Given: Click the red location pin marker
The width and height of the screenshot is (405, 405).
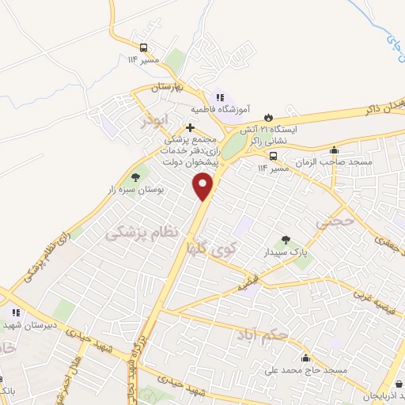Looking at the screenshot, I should click(x=203, y=187).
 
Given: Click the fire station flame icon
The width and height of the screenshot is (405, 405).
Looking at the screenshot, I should click(x=268, y=116).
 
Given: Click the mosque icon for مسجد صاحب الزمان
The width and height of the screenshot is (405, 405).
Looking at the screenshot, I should click(x=335, y=150).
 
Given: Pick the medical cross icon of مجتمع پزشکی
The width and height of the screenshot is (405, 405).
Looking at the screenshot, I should click(x=190, y=127).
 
